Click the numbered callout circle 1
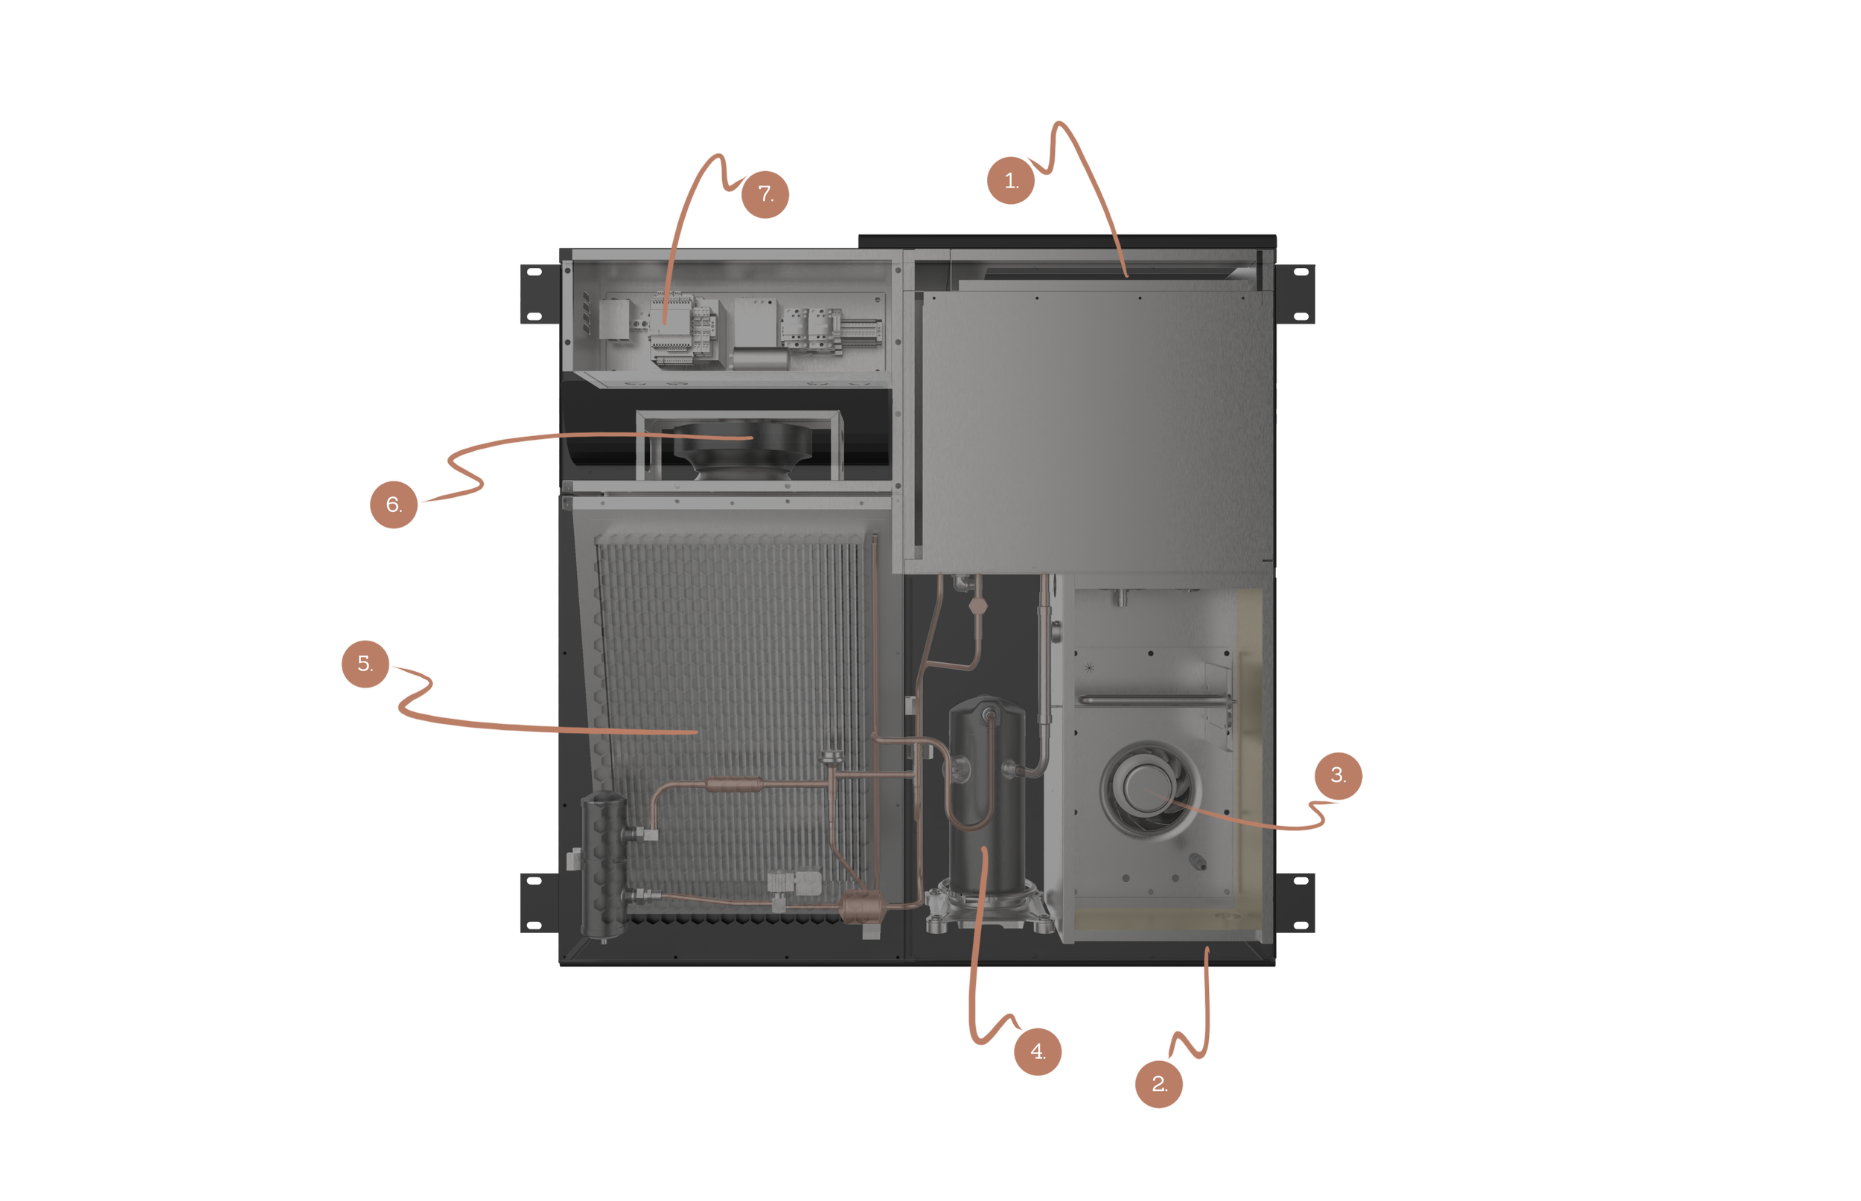[x=1010, y=181]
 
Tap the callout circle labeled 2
[x=1158, y=1084]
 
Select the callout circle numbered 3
[x=1338, y=775]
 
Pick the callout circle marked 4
[x=1038, y=1051]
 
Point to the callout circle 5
[x=365, y=664]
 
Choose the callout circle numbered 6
[x=393, y=505]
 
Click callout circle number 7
[x=764, y=194]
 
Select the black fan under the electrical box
[x=741, y=449]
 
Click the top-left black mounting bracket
[x=539, y=294]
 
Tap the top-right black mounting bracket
[x=1296, y=294]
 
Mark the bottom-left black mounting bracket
[x=539, y=903]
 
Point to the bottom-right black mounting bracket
[x=1296, y=903]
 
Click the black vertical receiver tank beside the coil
[x=604, y=865]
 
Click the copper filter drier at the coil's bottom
[x=858, y=907]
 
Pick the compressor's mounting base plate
[x=984, y=912]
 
